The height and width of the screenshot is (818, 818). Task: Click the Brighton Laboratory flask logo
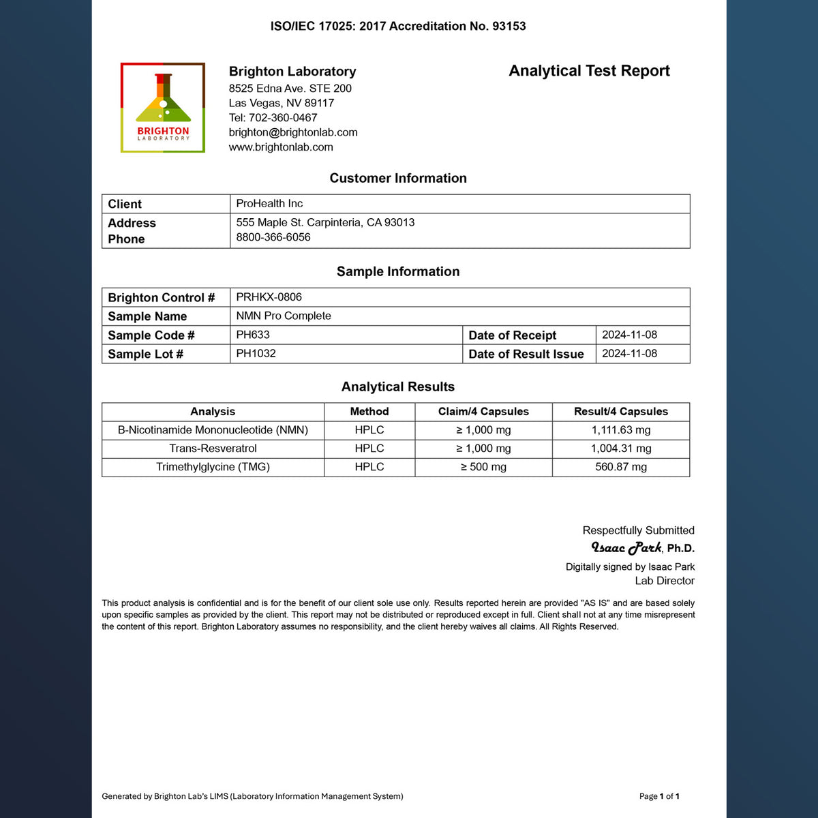tap(163, 108)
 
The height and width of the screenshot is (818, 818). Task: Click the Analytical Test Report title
tap(589, 71)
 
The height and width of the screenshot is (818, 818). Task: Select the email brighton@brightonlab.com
tap(293, 132)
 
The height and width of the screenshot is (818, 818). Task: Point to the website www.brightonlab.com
tap(281, 147)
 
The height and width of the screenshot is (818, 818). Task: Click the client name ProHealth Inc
tap(269, 204)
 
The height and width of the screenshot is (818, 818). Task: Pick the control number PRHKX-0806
tap(269, 297)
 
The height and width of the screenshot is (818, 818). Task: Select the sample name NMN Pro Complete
tap(284, 316)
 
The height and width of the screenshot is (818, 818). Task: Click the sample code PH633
tap(253, 335)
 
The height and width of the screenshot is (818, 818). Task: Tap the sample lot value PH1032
tap(256, 354)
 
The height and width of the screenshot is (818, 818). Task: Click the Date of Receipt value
tap(629, 335)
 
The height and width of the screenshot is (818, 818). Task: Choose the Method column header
tap(369, 412)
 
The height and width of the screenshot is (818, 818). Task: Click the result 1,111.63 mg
tap(621, 430)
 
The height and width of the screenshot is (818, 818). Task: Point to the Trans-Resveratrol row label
tap(213, 449)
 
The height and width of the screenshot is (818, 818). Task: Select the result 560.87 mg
tap(621, 467)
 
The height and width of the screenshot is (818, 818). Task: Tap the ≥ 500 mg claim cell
tap(483, 467)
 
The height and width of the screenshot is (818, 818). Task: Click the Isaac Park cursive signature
tap(626, 548)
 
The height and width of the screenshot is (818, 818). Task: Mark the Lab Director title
tap(665, 581)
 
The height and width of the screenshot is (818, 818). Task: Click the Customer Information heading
tap(398, 179)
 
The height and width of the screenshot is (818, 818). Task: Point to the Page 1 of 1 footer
tap(659, 796)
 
